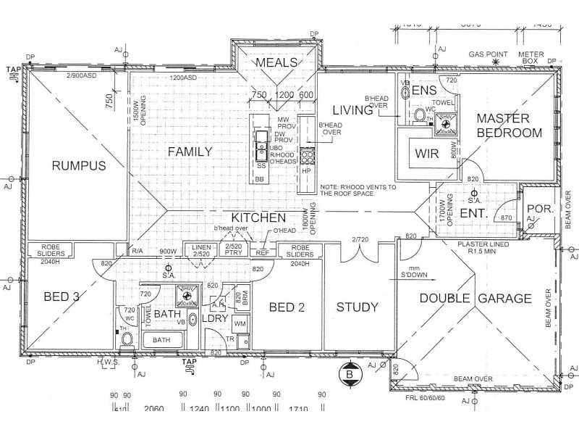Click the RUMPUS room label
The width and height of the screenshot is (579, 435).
tap(79, 166)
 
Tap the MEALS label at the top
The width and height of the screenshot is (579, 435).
tap(276, 63)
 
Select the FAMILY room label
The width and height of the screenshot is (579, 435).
tap(190, 152)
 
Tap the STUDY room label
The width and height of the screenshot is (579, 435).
tap(357, 307)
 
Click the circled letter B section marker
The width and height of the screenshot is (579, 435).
tap(350, 373)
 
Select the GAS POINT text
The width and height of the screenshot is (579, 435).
tap(489, 55)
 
